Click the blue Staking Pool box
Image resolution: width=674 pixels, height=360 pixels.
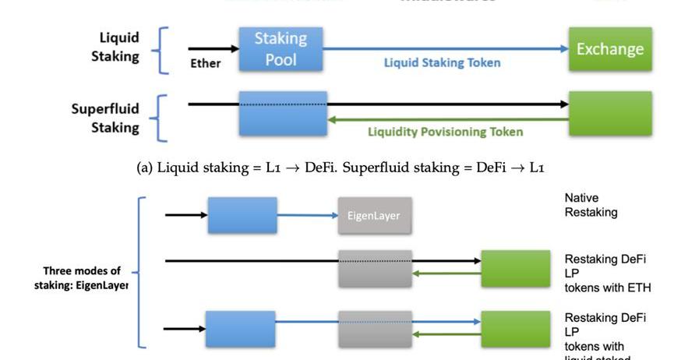click(x=281, y=48)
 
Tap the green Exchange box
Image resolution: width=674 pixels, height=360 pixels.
click(x=609, y=49)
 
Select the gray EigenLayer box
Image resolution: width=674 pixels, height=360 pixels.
click(x=374, y=215)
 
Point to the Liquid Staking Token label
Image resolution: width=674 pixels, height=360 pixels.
click(x=442, y=63)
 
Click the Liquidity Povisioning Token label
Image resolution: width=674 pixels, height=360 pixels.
click(x=445, y=132)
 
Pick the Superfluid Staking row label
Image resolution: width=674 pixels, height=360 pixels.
click(x=105, y=118)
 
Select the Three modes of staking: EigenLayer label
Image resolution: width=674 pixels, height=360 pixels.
click(x=81, y=278)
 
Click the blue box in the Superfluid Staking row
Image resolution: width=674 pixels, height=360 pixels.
click(x=283, y=113)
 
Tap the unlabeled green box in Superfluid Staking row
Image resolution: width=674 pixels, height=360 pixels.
click(x=609, y=113)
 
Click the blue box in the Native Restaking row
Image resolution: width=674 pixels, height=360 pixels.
click(x=242, y=215)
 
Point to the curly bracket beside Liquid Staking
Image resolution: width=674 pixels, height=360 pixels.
click(x=162, y=50)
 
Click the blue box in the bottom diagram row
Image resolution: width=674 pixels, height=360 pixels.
click(x=240, y=328)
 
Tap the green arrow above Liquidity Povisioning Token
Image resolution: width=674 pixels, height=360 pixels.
click(x=447, y=120)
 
